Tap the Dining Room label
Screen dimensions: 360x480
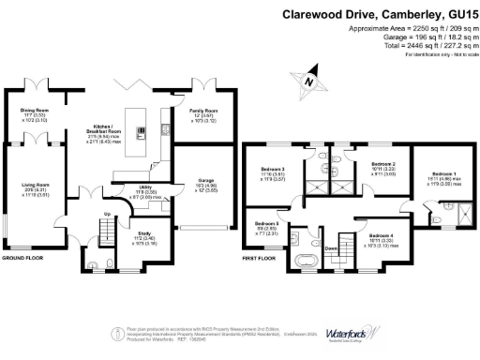coord(35,110)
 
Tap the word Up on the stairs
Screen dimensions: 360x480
coord(106,215)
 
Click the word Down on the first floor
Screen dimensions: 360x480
coord(331,247)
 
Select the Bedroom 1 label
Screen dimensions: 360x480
coord(444,173)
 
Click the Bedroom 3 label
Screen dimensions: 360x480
coord(273,170)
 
